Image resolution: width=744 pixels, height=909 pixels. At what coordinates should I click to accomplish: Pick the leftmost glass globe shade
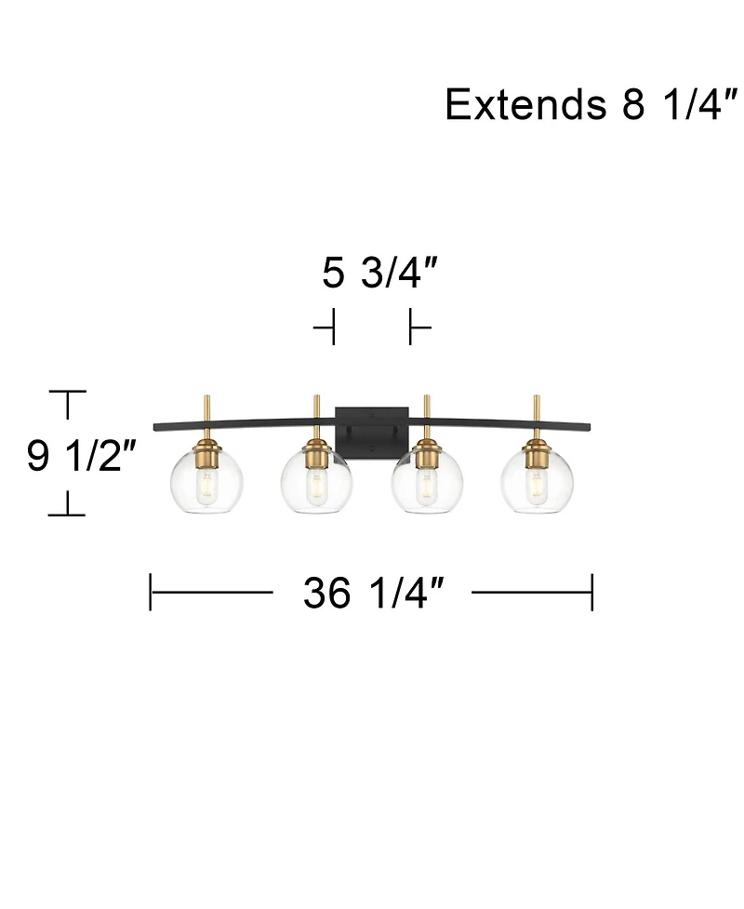[204, 478]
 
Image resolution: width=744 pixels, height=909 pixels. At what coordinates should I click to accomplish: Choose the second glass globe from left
[314, 478]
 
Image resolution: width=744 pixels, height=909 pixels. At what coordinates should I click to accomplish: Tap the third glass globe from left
[427, 478]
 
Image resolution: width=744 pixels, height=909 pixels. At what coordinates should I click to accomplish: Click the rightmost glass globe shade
[537, 478]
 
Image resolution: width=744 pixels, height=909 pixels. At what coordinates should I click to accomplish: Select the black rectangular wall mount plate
[371, 428]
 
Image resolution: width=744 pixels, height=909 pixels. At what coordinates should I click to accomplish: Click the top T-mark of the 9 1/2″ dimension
[67, 394]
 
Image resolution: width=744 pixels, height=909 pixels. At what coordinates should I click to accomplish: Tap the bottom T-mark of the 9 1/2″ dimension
[67, 513]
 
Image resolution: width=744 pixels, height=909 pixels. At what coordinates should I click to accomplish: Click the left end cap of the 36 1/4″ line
[151, 592]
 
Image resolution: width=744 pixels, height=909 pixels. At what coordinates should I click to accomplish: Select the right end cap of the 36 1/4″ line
[592, 592]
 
